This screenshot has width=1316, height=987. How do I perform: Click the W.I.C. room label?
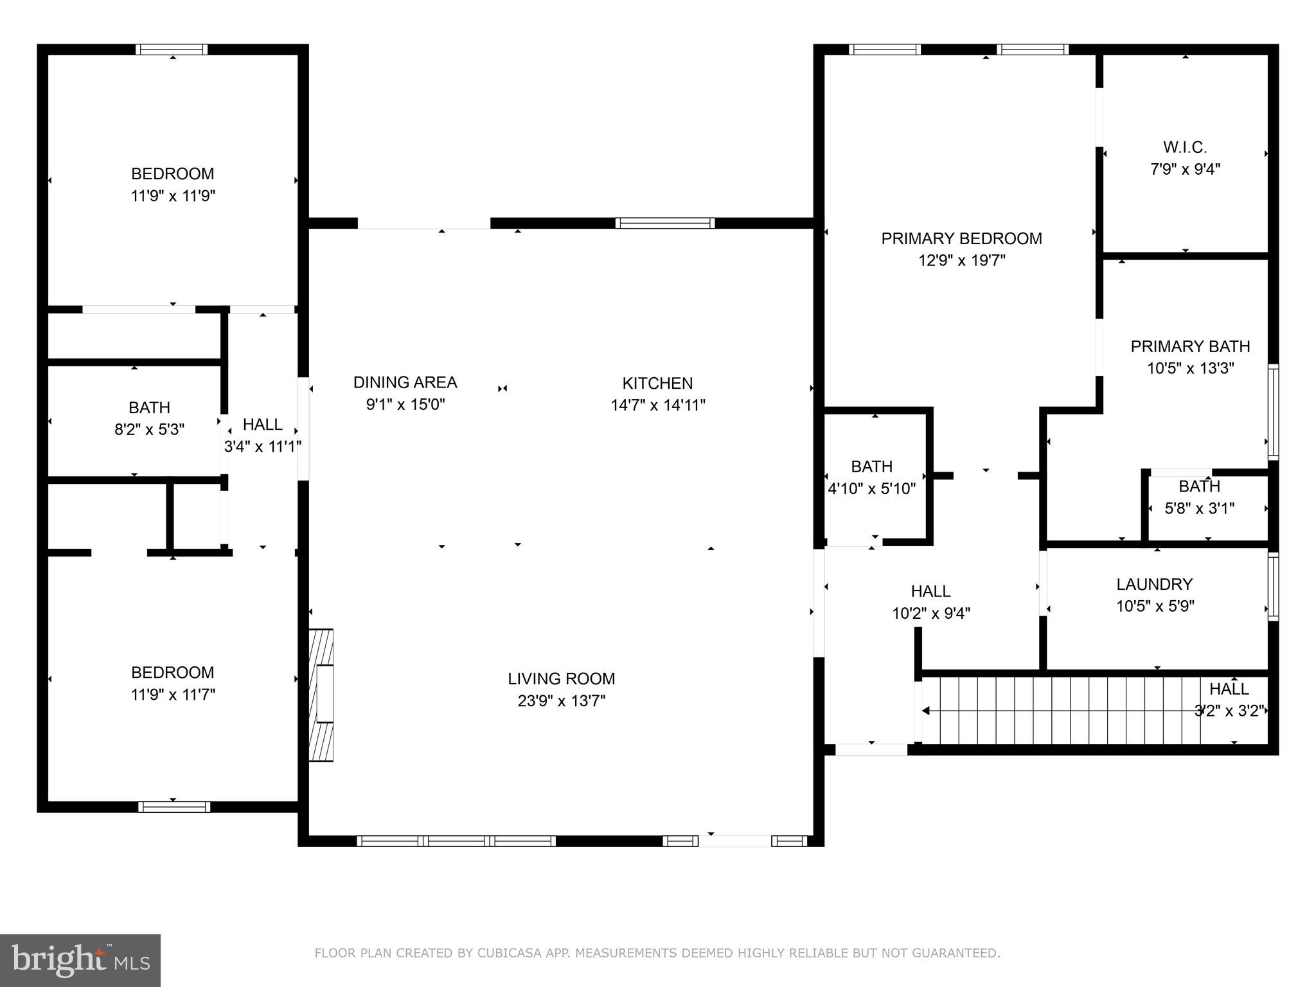coord(1184,148)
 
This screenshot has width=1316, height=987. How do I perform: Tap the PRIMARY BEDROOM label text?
coord(961,239)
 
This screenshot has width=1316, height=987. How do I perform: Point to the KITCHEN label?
coord(657,384)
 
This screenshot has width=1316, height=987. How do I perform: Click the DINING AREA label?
coord(405,383)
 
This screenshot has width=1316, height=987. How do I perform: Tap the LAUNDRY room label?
coord(1154,585)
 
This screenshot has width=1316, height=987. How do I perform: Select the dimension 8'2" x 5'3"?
coord(149,430)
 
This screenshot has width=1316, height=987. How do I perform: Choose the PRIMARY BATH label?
coord(1190,347)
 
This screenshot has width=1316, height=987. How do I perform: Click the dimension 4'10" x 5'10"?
coord(871,489)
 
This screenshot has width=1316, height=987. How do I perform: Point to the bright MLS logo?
coord(80,960)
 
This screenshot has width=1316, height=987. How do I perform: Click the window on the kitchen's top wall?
coord(664,224)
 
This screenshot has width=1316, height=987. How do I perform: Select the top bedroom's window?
coord(172,49)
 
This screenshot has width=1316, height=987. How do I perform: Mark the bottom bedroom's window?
coord(173,807)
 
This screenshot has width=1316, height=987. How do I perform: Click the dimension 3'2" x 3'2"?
coord(1229,711)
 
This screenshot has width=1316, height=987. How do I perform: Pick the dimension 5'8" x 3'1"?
coord(1199,509)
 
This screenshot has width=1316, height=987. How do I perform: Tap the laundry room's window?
coord(1272,586)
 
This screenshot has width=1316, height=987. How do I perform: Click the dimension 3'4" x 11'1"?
coord(262,447)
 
